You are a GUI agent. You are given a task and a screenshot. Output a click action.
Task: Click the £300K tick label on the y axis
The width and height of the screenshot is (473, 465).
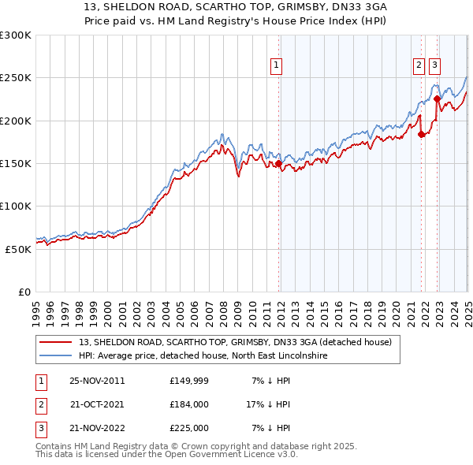(16, 35)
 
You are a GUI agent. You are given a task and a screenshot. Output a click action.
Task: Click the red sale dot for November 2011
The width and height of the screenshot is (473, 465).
(279, 164)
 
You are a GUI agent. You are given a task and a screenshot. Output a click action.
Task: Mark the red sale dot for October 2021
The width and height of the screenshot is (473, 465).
(421, 135)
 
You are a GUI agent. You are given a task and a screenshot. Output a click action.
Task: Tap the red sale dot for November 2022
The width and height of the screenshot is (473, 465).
(437, 99)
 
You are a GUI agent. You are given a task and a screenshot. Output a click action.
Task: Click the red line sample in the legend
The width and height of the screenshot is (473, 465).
(56, 342)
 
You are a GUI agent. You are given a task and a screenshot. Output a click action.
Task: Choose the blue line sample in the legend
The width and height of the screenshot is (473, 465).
(56, 356)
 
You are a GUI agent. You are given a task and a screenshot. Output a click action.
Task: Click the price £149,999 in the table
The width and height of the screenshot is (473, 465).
(188, 381)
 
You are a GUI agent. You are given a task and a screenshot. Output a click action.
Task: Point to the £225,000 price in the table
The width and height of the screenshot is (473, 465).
(188, 428)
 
